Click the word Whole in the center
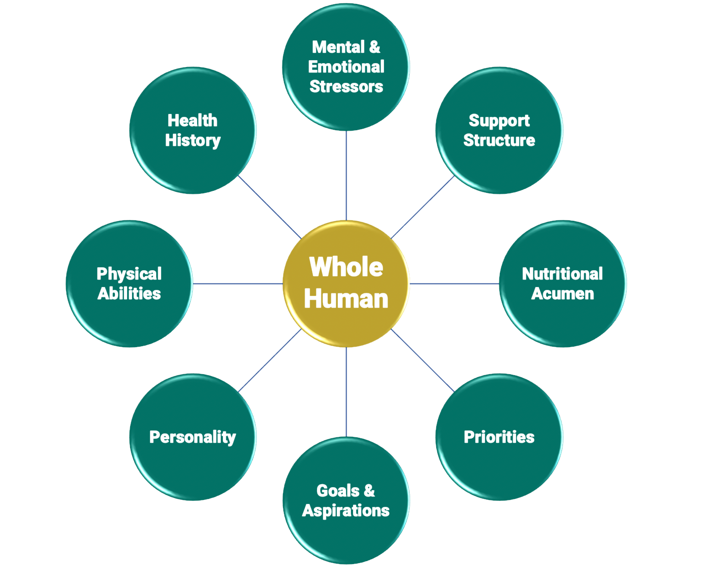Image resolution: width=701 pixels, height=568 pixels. [346, 267]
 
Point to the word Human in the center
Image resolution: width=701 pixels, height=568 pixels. [346, 299]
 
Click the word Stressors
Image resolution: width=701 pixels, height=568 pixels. [346, 86]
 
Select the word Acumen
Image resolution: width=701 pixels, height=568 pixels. [562, 293]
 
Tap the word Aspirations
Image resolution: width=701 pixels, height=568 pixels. [346, 510]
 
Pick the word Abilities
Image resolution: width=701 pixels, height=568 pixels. [129, 293]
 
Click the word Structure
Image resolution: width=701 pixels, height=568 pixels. [499, 140]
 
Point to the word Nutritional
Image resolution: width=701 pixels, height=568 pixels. [562, 274]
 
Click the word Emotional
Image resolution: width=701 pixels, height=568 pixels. [346, 67]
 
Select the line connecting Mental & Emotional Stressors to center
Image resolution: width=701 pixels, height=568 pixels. [347, 175]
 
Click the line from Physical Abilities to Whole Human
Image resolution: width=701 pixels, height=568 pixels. [238, 284]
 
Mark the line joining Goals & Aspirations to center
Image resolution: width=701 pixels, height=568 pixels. [347, 392]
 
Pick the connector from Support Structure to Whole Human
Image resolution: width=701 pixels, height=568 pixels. [423, 207]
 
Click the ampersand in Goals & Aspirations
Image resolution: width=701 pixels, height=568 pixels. [369, 491]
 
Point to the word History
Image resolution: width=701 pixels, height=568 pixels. [193, 140]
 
